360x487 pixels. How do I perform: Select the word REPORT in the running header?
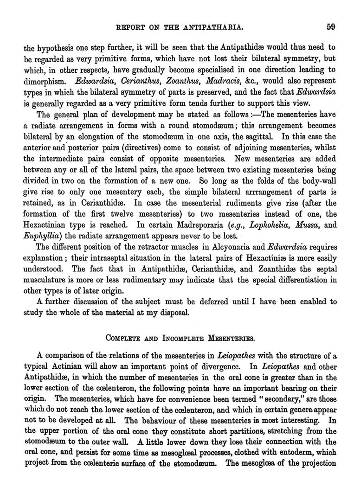131,27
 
